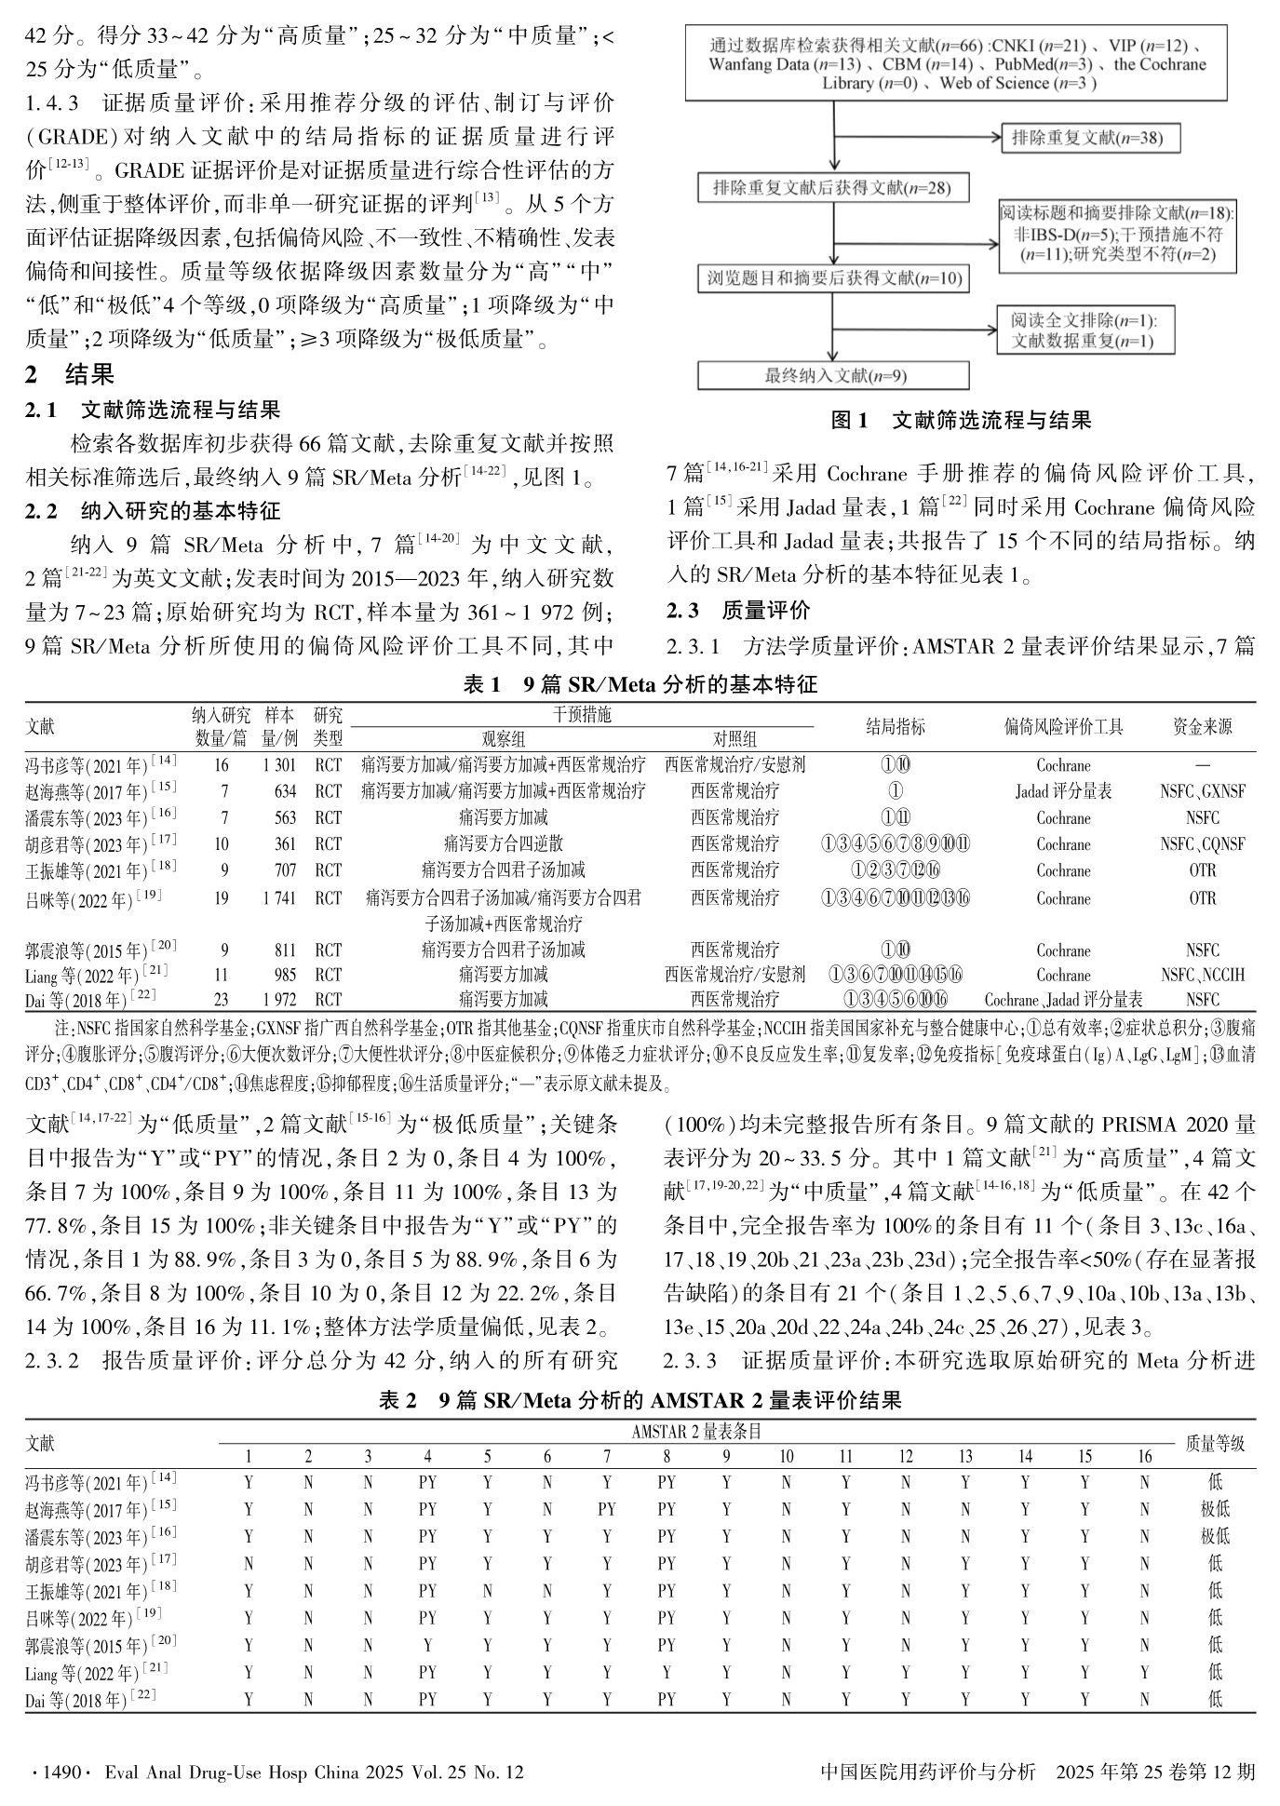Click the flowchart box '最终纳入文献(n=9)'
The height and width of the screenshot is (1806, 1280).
coord(834,375)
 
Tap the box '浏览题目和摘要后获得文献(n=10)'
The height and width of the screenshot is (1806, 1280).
coord(834,278)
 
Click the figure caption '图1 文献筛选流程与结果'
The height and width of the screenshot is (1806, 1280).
coord(960,421)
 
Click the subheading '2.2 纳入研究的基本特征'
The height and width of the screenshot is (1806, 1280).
coord(154,511)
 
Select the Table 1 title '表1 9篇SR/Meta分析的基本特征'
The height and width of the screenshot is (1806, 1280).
coord(640,685)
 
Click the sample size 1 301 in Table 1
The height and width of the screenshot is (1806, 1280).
coord(279,765)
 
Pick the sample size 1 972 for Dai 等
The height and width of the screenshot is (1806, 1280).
coord(279,1000)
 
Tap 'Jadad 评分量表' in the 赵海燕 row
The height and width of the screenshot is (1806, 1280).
coord(1063,791)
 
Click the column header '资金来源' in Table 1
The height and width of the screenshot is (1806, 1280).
coord(1202,726)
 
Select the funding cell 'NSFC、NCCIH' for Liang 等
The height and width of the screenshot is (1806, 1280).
coord(1202,975)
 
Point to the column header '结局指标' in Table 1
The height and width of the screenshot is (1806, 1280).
coord(896,726)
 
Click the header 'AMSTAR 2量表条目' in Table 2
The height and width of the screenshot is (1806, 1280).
coord(695,1432)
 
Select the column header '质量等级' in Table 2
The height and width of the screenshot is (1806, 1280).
coord(1214,1443)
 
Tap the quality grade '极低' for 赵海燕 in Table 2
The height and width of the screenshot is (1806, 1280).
coord(1215,1508)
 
